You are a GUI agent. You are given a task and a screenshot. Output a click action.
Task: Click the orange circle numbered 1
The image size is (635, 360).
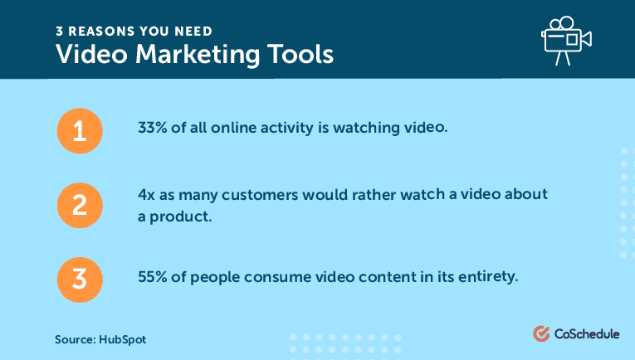(80, 131)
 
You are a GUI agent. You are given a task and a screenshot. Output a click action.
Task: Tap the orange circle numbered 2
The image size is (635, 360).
(80, 205)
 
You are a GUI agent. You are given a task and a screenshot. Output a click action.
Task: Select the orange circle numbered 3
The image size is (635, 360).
(80, 280)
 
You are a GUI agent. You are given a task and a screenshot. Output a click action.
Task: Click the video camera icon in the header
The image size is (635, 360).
(567, 41)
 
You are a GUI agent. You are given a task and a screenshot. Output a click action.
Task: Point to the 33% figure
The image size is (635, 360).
(152, 128)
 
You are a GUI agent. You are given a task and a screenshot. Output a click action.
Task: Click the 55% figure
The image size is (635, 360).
(152, 277)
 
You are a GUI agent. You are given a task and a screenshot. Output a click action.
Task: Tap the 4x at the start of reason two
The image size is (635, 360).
(146, 195)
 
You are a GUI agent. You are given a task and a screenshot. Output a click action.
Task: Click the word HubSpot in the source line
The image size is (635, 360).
(122, 339)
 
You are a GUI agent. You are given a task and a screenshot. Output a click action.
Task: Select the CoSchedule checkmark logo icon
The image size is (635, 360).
(541, 333)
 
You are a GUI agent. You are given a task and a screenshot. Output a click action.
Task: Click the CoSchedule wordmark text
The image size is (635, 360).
(587, 333)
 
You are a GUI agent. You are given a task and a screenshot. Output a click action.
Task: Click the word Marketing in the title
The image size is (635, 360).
(198, 55)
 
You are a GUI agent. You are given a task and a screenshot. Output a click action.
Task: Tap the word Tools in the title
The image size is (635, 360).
(300, 54)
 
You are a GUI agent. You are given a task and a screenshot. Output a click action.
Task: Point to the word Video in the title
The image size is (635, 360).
(91, 54)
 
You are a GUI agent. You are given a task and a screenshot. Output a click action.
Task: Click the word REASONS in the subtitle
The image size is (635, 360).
(101, 32)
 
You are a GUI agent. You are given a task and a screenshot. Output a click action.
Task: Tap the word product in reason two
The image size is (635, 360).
(181, 216)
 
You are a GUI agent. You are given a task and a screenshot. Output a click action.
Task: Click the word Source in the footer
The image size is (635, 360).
(76, 339)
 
